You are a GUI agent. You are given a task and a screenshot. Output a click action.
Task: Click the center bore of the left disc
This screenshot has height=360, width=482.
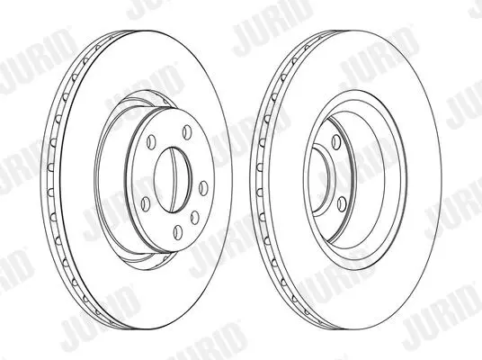click(172, 180)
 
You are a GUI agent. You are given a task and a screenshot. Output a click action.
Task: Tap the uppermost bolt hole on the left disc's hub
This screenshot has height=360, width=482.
click(186, 132)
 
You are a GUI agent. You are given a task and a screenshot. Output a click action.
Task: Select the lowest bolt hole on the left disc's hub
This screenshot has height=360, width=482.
click(178, 232)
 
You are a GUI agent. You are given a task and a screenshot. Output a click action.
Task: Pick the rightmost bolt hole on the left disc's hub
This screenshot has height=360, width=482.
click(203, 188)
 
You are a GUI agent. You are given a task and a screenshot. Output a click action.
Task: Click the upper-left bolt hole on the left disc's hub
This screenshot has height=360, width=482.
click(151, 141)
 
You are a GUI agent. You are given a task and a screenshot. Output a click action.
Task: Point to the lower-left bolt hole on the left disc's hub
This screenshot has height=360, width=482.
click(145, 204)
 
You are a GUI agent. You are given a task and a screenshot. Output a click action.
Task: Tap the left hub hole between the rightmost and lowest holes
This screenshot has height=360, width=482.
click(195, 217)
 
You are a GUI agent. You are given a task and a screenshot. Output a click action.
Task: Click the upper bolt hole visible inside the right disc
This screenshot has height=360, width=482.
click(336, 141)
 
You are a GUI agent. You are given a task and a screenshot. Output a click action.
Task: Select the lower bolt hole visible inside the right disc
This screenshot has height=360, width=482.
click(342, 204)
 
